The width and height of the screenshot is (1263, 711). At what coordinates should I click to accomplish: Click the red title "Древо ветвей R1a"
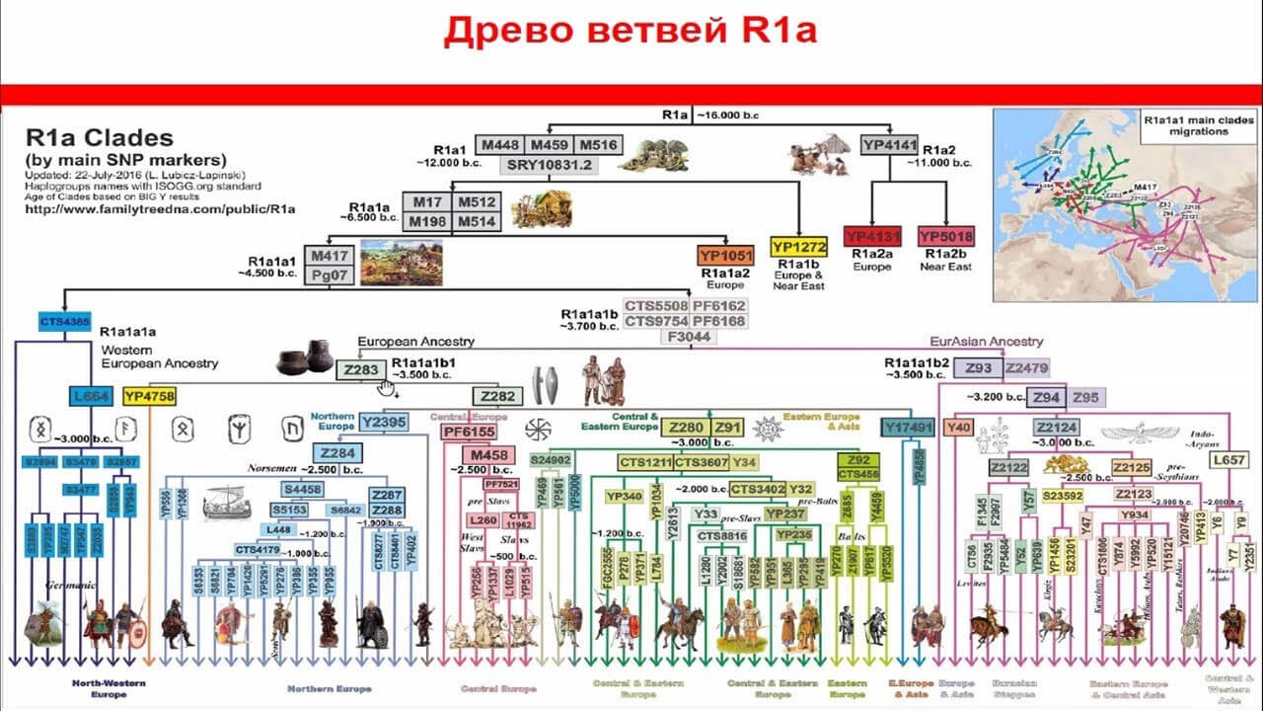pyautogui.click(x=631, y=32)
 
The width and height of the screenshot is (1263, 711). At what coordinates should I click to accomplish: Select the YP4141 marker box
pyautogui.click(x=889, y=144)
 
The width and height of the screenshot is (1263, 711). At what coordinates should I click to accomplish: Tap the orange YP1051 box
pyautogui.click(x=725, y=255)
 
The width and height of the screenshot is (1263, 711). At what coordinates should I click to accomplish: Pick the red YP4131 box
pyautogui.click(x=874, y=237)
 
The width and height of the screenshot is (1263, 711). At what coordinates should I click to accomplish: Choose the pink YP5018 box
pyautogui.click(x=945, y=237)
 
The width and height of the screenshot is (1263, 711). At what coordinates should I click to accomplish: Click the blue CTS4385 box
pyautogui.click(x=64, y=322)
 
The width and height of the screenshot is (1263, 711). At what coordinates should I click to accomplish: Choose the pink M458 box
pyautogui.click(x=487, y=454)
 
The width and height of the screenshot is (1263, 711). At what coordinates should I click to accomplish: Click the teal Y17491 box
pyautogui.click(x=908, y=428)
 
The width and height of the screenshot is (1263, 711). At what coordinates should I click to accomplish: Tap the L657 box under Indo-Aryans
pyautogui.click(x=1229, y=460)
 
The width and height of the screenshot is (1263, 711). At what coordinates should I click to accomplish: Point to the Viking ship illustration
pyautogui.click(x=226, y=506)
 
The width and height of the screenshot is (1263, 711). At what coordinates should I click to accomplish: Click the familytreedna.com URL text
pyautogui.click(x=160, y=209)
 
